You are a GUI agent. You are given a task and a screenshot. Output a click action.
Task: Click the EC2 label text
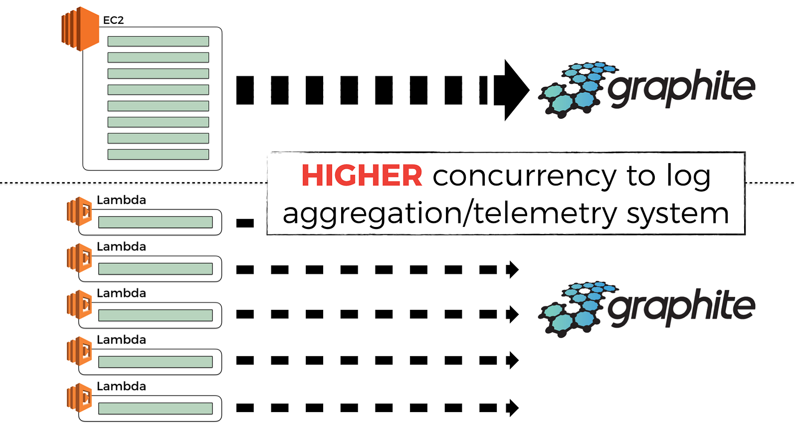(x=113, y=20)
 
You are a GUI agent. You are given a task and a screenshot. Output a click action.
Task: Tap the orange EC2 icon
(x=80, y=29)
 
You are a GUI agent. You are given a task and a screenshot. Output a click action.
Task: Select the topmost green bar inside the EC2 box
(x=158, y=41)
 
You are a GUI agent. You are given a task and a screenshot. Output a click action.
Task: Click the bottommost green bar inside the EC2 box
(x=158, y=154)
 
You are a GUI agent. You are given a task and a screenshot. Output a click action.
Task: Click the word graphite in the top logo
(x=681, y=88)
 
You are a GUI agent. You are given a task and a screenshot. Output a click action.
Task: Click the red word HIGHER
(x=362, y=176)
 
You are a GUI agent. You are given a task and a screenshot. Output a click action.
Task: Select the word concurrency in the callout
(x=524, y=176)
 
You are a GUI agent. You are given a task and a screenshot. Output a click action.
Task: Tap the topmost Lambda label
(x=121, y=200)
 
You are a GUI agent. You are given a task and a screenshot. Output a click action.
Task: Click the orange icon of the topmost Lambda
(x=79, y=211)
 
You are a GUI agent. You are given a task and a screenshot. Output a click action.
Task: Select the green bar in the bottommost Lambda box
(x=155, y=409)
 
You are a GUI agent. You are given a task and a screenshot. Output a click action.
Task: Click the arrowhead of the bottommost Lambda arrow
(x=512, y=408)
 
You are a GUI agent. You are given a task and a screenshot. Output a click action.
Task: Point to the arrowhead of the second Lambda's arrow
(x=512, y=270)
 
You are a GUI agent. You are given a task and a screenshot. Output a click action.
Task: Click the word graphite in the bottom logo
(x=681, y=307)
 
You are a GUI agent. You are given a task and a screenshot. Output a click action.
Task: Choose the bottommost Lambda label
(x=121, y=386)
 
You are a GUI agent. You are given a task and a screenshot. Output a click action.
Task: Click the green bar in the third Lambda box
(x=155, y=315)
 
